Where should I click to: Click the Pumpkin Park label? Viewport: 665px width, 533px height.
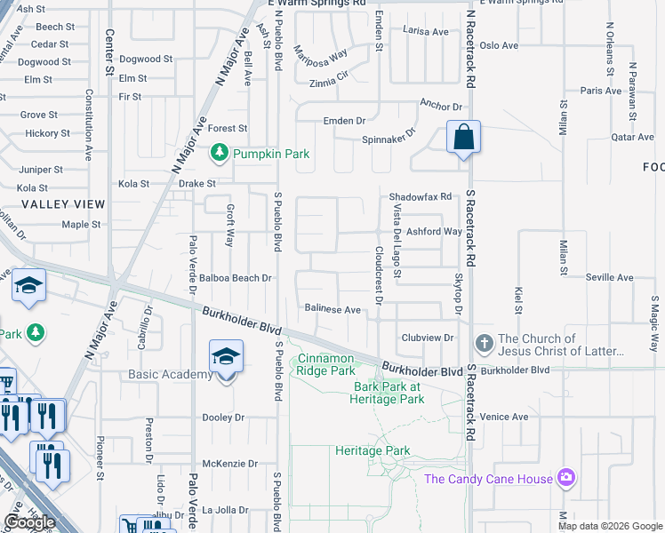[x=271, y=154]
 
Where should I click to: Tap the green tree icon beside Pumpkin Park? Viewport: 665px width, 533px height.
[x=219, y=154]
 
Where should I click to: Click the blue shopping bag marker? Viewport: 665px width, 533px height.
[x=463, y=138]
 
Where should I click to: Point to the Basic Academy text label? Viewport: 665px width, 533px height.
[x=169, y=375]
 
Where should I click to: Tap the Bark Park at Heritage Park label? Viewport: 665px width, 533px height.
[x=389, y=393]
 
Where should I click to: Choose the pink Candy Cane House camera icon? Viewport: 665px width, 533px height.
[x=566, y=479]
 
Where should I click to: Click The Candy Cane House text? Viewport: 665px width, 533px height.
[x=488, y=480]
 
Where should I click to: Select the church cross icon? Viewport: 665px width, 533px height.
[x=484, y=343]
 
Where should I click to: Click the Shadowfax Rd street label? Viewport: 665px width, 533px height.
[x=421, y=197]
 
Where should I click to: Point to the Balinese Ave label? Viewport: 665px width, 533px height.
[x=332, y=310]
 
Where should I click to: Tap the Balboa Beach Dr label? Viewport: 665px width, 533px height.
[x=235, y=278]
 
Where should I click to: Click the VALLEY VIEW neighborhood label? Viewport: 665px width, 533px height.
[x=63, y=204]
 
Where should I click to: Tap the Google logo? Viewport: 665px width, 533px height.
[x=29, y=522]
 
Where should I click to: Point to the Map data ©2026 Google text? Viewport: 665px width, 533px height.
[x=609, y=526]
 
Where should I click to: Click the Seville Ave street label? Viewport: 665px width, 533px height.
[x=609, y=277]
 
